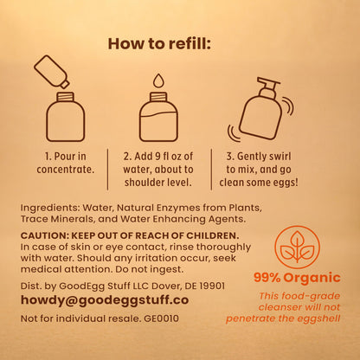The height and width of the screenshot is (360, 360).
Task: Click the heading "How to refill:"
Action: [x=159, y=44]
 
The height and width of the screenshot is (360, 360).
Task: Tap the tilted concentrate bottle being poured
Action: [x=52, y=71]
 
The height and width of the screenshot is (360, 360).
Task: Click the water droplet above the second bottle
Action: [x=158, y=80]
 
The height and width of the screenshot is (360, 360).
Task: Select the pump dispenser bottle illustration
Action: [x=260, y=109]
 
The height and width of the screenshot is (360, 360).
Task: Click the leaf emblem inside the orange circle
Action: [x=297, y=247]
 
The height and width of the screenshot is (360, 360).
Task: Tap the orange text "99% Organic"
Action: [x=297, y=278]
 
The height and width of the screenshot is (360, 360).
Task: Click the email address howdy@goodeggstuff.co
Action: [x=105, y=300]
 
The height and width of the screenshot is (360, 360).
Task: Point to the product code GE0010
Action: [x=161, y=318]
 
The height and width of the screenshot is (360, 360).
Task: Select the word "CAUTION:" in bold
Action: [x=45, y=235]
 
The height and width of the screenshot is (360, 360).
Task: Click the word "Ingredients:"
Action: [x=50, y=208]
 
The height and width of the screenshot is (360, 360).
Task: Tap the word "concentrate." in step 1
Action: [x=66, y=170]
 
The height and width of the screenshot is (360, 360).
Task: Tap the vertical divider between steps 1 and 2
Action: [x=108, y=170]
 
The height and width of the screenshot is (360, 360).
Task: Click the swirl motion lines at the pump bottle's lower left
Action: [x=234, y=133]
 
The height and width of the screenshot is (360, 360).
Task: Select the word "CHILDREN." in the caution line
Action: [x=213, y=235]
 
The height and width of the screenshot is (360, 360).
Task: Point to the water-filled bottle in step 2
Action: [x=158, y=117]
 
